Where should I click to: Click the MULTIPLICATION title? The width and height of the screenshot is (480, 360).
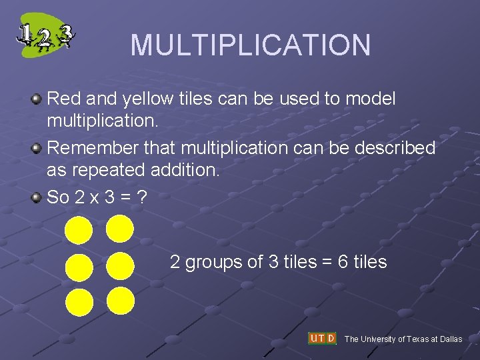point(250,45)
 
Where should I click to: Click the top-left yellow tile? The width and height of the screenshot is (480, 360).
point(79,231)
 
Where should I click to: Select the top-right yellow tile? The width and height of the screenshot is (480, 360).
point(120,229)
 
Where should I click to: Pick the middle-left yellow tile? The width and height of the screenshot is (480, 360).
point(79,267)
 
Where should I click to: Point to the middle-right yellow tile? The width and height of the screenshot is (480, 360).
point(120,266)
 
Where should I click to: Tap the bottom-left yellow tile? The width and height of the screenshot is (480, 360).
point(79,302)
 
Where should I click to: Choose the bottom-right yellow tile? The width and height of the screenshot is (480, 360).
point(120,301)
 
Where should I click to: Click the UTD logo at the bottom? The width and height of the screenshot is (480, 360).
point(322,338)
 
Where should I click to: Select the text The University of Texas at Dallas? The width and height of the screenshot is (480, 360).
point(403,339)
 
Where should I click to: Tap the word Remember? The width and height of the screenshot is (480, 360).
point(86,148)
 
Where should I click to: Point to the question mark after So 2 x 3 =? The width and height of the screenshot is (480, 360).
point(141,197)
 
